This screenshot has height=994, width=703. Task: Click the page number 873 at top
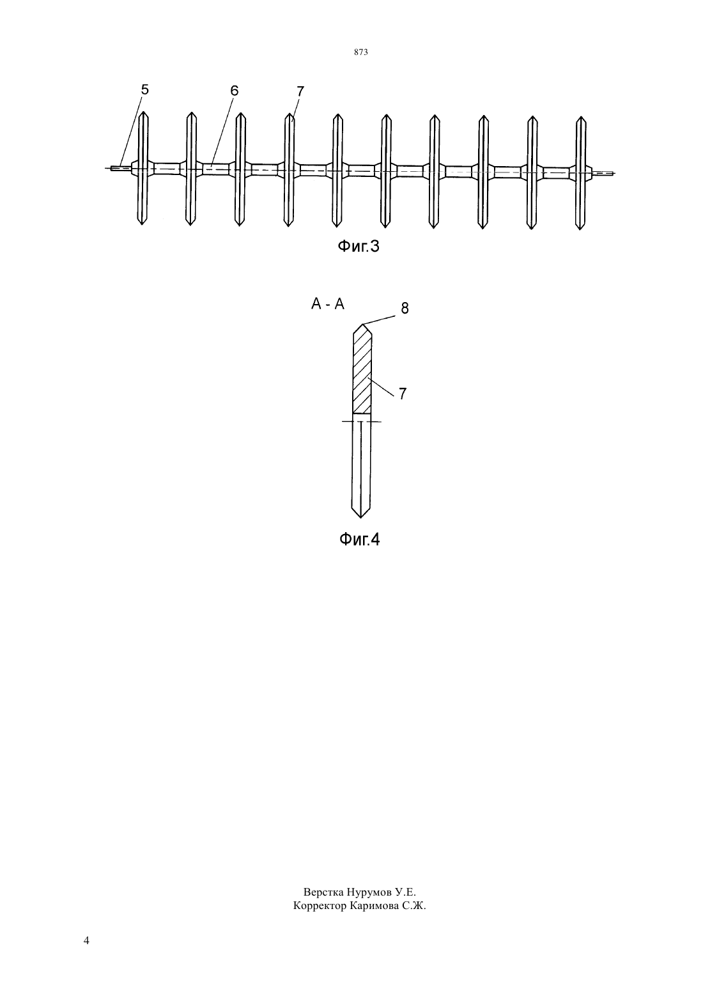coord(361,52)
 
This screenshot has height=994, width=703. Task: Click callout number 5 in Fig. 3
coord(144,89)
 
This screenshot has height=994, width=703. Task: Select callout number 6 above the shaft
coord(235,91)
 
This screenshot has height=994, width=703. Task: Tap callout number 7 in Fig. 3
coord(300,91)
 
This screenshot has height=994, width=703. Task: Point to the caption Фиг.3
coord(359,247)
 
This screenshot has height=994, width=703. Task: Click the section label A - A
coord(328,304)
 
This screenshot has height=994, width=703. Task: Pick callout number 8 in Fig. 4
coord(405,309)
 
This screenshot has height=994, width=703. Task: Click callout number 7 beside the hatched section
coord(403,394)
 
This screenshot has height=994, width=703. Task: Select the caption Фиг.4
coord(359,540)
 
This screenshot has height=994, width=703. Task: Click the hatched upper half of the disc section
coord(362,371)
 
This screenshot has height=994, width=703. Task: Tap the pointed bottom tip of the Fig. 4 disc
coord(360,517)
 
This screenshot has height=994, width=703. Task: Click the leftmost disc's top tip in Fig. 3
coord(143,112)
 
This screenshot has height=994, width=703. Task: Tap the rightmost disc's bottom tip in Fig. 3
coord(580,229)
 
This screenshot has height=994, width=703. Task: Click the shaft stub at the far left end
coord(121,168)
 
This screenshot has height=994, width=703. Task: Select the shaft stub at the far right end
coord(603,173)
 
